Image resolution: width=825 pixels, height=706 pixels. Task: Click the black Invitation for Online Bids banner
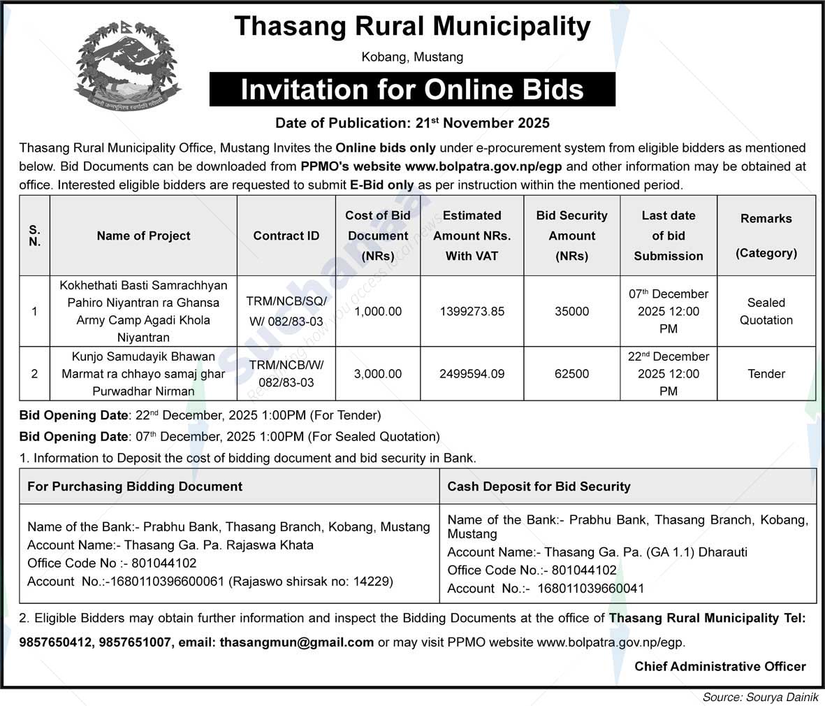click(412, 89)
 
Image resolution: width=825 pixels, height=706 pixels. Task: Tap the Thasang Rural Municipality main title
click(412, 27)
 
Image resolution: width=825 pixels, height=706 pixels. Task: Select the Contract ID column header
click(286, 236)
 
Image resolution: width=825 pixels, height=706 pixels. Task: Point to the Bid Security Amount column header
click(571, 236)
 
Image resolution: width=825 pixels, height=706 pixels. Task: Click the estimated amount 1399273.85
click(472, 312)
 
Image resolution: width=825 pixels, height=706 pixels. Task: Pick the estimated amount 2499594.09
click(472, 374)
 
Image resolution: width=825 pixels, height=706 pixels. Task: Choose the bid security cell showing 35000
click(571, 312)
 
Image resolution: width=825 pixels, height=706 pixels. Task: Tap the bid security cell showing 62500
click(571, 374)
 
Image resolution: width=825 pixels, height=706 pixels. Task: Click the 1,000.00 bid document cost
click(378, 312)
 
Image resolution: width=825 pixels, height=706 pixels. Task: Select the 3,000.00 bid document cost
click(378, 374)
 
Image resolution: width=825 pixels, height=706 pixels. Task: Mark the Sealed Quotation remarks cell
click(766, 312)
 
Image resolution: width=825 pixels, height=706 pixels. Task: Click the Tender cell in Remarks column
click(766, 374)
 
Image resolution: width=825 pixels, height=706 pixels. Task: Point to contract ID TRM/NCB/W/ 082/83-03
click(286, 374)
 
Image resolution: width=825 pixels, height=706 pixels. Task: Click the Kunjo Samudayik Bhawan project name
click(143, 374)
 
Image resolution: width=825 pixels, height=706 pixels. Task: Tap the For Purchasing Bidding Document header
click(135, 487)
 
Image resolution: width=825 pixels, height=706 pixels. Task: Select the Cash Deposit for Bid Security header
click(539, 487)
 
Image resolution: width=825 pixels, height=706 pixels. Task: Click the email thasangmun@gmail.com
click(296, 642)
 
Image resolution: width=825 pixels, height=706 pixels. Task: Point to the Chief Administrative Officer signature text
click(720, 667)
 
